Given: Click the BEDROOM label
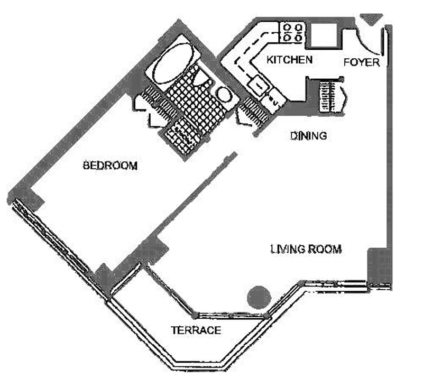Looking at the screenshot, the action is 110,165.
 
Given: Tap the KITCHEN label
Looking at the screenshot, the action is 289,60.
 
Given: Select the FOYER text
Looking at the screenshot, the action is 362,62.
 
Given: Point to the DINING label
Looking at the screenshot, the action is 309,135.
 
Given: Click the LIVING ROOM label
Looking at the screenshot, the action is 306,249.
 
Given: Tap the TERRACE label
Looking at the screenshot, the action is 196,330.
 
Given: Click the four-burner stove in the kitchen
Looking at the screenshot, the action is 292,32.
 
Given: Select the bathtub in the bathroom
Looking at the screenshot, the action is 173,63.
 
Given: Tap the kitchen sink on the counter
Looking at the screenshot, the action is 259,85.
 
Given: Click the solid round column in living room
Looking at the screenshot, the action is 259,297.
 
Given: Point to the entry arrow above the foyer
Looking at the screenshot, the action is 372,19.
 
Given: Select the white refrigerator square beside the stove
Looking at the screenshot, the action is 324,35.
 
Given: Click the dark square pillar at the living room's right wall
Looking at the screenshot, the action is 379,266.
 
